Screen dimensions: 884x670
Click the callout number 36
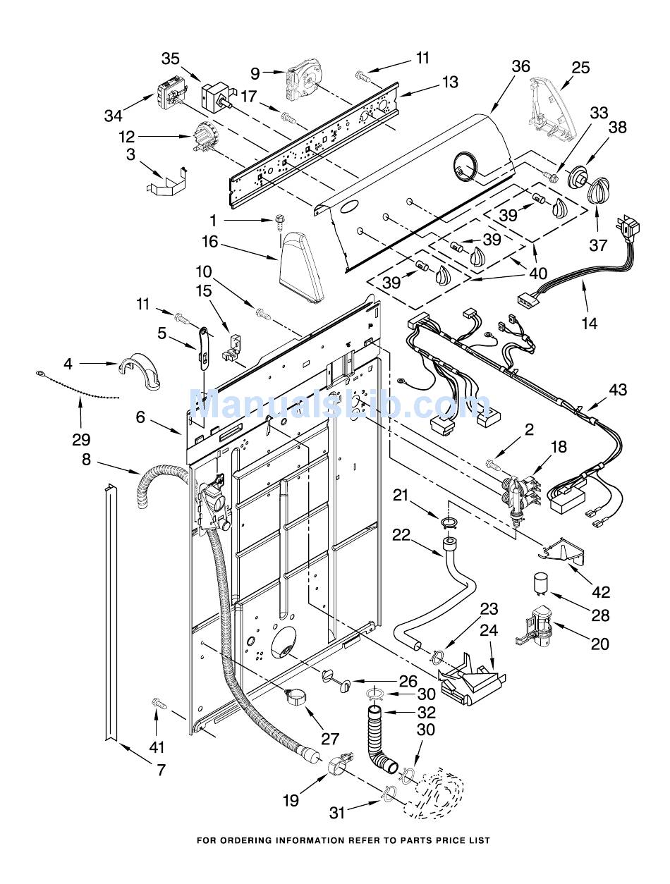point(520,66)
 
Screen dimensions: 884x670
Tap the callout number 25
point(580,68)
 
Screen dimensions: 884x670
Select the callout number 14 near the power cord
point(590,324)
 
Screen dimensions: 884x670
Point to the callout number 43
point(617,389)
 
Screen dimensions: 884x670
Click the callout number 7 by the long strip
point(161,769)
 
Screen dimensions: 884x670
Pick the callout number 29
point(81,439)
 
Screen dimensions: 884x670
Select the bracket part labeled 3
point(168,181)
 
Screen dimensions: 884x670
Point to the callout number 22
point(401,534)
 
